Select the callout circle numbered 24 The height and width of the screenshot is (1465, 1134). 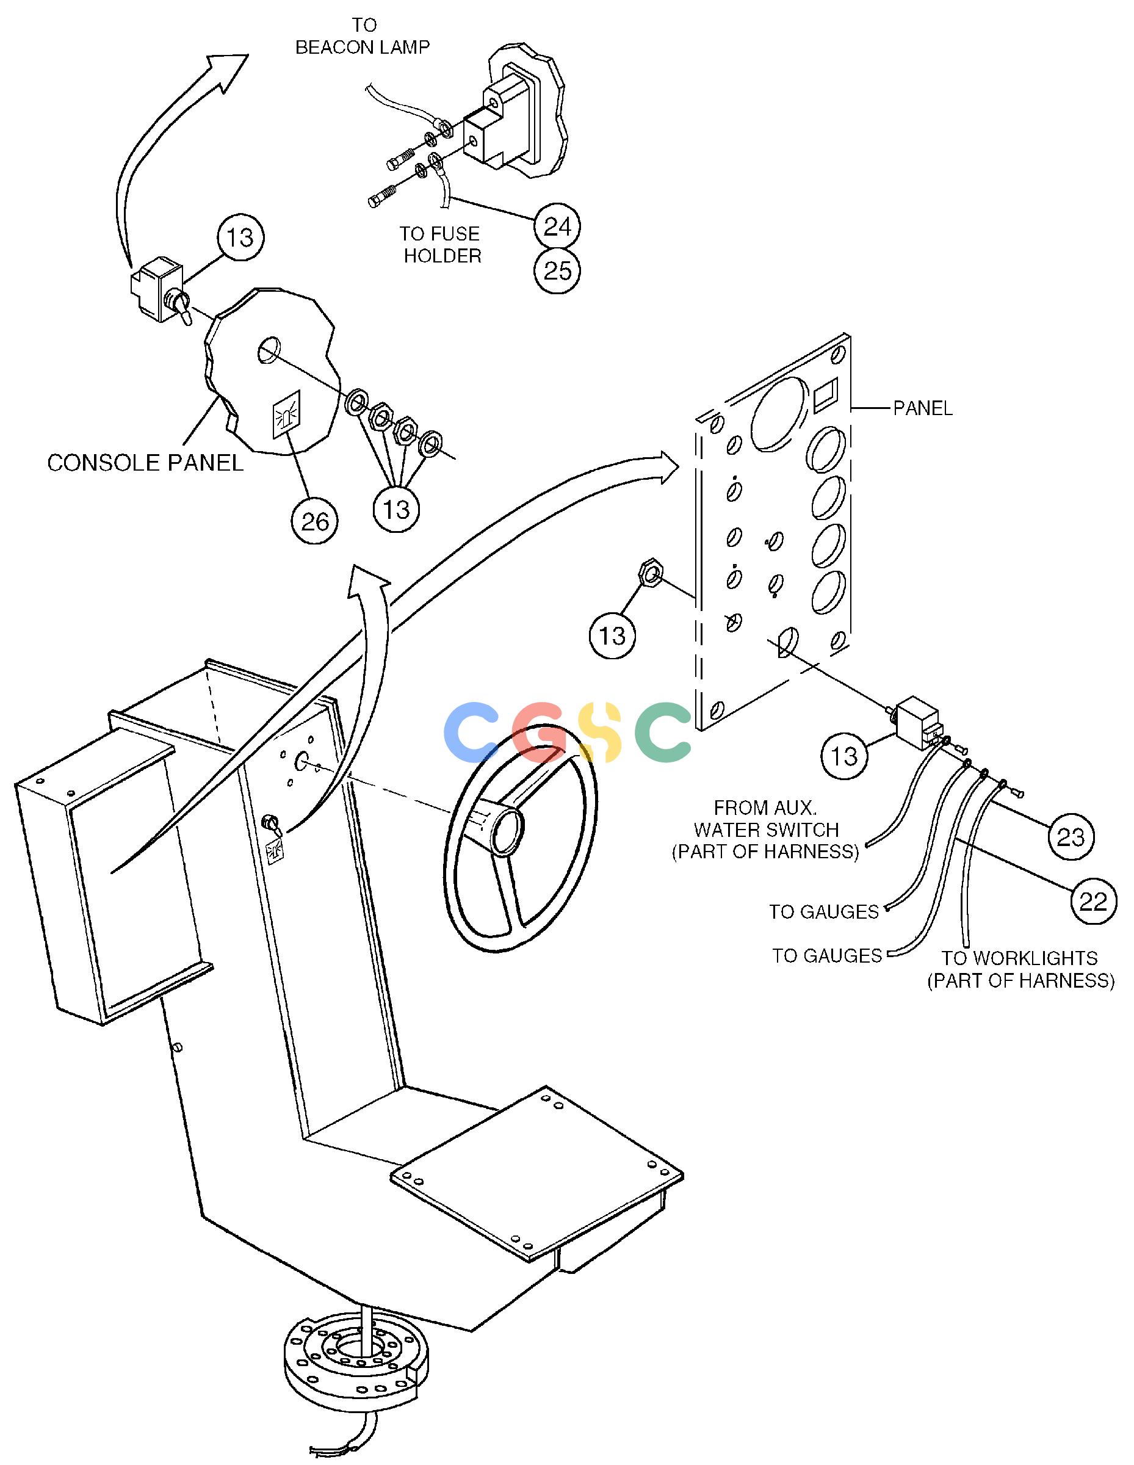pos(557,226)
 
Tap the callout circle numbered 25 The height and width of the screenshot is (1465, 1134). pos(557,271)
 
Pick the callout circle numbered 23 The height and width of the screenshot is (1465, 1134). pos(1071,836)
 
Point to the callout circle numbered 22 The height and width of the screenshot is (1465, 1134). pos(1093,901)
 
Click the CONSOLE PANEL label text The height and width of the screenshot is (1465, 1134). pos(145,463)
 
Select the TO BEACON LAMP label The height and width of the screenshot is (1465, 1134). pos(363,36)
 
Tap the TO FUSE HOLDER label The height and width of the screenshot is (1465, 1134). pos(441,244)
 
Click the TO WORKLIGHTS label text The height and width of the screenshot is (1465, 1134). pos(1020,969)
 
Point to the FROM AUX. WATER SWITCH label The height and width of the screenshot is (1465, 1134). pos(766,829)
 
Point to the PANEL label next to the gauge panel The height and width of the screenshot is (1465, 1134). pos(923,408)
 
